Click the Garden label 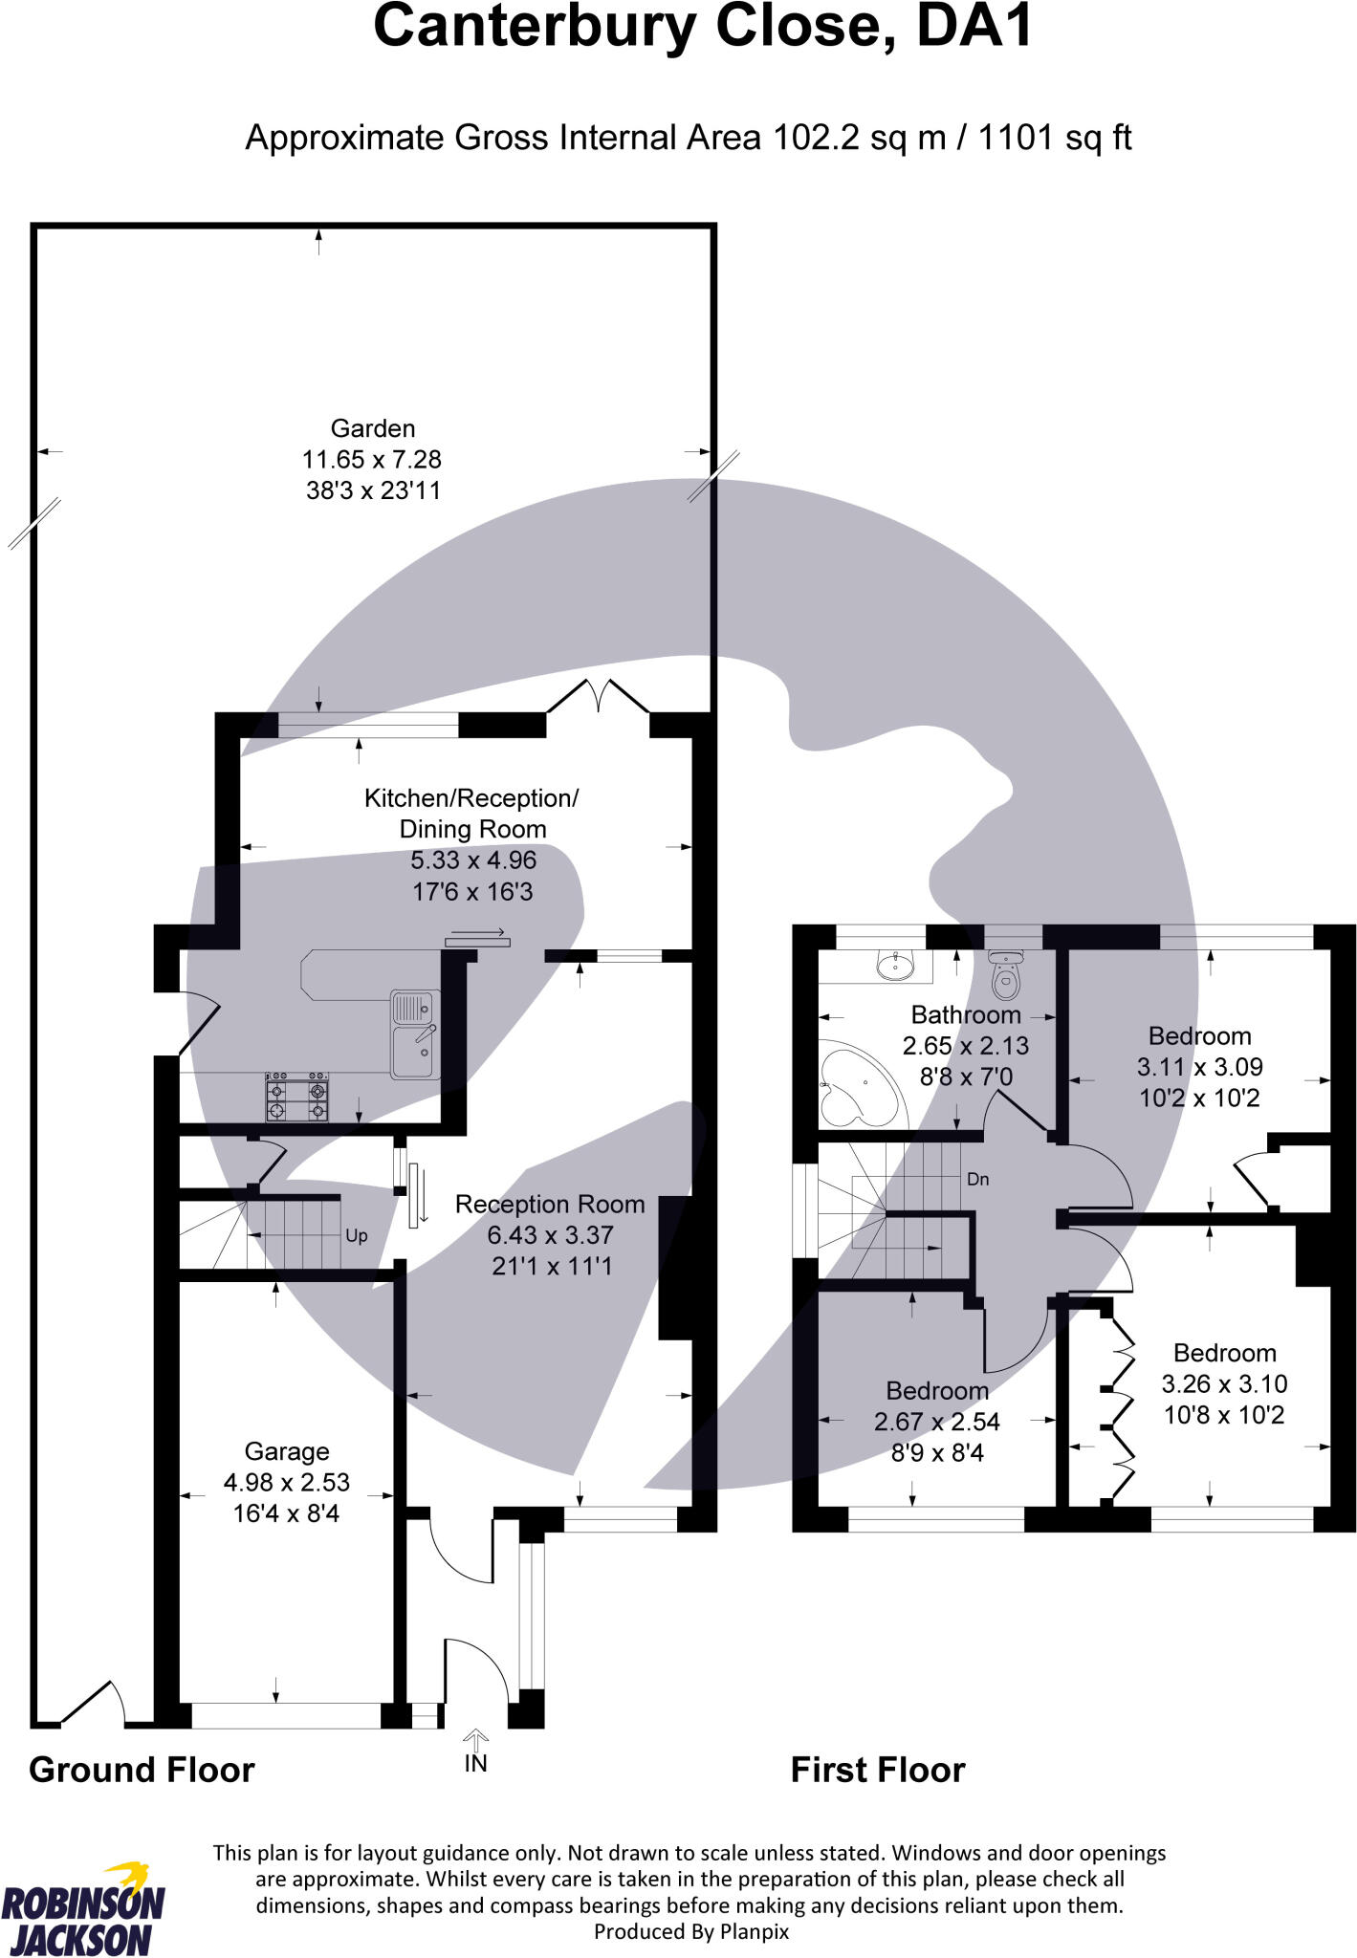tap(373, 428)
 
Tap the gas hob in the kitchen tap(297, 1098)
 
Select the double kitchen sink tap(415, 1034)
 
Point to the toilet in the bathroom tap(1004, 974)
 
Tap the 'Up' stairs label tap(356, 1236)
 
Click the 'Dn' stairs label tap(977, 1180)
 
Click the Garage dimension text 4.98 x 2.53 tap(287, 1482)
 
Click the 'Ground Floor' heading tap(142, 1770)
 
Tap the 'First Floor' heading tap(878, 1770)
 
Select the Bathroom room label tap(966, 1014)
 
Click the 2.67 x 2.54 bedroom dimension tap(937, 1422)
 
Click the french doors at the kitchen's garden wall tap(599, 696)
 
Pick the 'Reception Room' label tap(550, 1204)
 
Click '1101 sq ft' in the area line tap(1055, 138)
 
